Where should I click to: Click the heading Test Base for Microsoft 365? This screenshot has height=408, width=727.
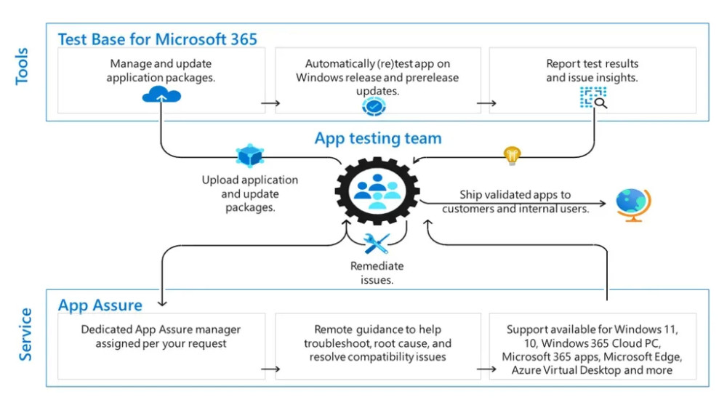coord(157,39)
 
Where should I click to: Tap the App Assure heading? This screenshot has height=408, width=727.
coord(100,305)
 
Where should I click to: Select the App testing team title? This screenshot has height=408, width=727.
coord(378,138)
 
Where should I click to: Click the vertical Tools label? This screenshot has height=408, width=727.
coord(23,66)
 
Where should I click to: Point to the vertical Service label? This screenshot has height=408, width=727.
coord(25,335)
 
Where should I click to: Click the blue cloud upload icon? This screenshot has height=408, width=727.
coord(161,95)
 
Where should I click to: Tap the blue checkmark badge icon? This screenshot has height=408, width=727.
coord(374,106)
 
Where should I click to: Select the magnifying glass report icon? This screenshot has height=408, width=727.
coord(593,97)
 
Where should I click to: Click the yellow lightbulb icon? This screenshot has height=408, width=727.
coord(513,155)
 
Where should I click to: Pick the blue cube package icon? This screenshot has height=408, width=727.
coord(249,156)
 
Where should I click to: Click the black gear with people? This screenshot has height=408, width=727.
coord(377,190)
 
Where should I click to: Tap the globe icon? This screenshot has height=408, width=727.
coord(632,204)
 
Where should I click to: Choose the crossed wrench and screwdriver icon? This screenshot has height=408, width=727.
coord(377,244)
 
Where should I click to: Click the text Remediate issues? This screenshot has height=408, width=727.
coord(377,273)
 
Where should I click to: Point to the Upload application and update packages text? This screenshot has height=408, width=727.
coord(250,193)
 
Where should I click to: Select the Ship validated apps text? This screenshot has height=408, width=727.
coord(515,201)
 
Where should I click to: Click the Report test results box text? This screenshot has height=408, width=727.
coord(592,71)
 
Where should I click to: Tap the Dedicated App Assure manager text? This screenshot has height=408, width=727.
coord(161,336)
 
